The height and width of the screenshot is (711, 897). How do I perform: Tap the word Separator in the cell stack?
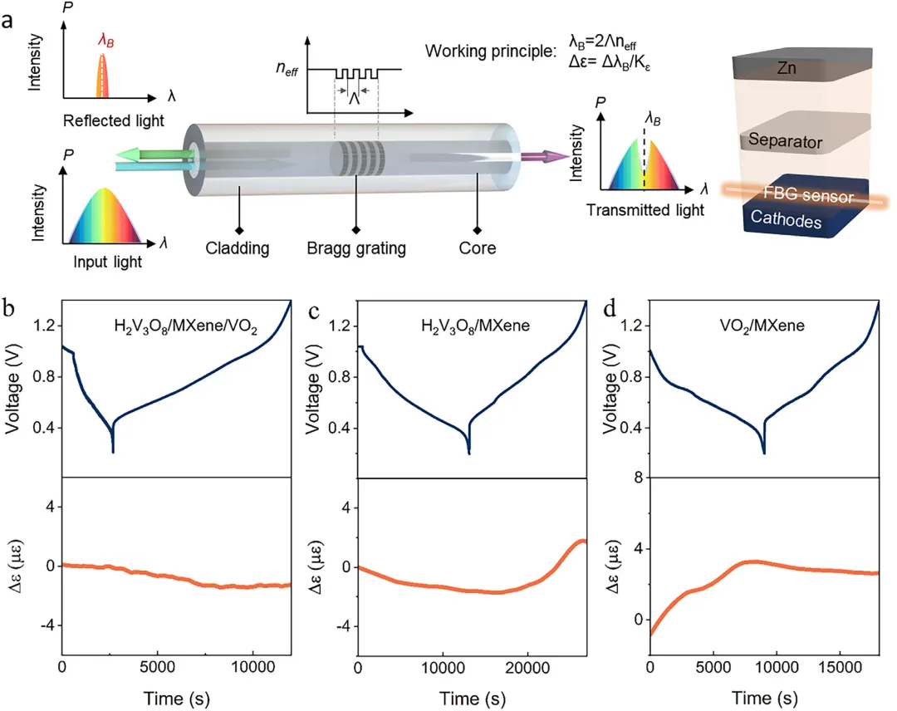click(x=786, y=141)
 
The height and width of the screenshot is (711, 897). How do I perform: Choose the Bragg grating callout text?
click(x=355, y=248)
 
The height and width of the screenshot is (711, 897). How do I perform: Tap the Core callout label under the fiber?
click(x=477, y=248)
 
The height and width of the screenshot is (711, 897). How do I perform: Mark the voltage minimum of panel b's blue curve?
click(x=113, y=451)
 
